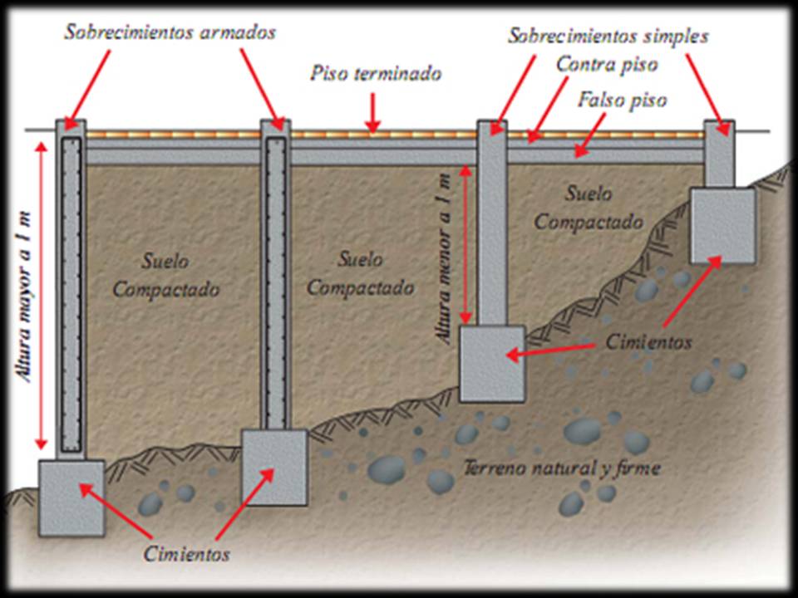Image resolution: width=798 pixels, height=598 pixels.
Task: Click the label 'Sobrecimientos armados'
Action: [170, 33]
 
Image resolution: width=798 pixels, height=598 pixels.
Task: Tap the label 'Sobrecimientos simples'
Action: [608, 37]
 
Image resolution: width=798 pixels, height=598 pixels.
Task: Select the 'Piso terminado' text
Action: [376, 73]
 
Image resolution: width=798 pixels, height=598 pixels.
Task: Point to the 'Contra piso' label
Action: [607, 63]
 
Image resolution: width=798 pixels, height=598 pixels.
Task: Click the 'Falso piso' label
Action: [621, 100]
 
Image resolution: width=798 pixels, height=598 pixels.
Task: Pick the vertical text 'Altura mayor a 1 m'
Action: [27, 295]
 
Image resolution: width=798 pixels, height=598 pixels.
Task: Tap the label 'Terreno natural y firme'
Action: [562, 468]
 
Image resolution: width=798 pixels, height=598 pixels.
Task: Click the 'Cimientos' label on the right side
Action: [648, 341]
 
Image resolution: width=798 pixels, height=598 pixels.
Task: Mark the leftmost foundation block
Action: [71, 497]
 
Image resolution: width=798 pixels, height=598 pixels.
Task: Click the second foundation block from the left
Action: [273, 467]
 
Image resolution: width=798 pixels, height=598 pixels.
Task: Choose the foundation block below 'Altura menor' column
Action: [492, 363]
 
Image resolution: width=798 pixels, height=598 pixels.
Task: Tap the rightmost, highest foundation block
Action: [722, 225]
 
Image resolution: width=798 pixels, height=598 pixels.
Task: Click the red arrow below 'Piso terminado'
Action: [373, 113]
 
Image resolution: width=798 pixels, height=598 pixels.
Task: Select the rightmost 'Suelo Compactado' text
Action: [589, 208]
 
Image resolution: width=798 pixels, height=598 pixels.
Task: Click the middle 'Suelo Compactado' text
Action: [360, 273]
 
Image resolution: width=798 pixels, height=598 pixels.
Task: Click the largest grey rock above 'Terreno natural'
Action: [582, 431]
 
